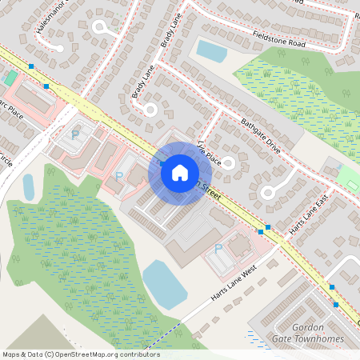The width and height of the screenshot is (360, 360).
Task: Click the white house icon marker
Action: pyautogui.click(x=180, y=172)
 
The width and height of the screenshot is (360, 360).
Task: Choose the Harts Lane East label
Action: pyautogui.click(x=309, y=218)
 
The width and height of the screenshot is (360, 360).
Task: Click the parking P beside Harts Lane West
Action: pyautogui.click(x=218, y=250)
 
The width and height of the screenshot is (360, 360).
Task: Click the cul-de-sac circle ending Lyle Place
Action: pyautogui.click(x=226, y=164)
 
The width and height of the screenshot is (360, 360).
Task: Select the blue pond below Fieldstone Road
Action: pyautogui.click(x=212, y=50)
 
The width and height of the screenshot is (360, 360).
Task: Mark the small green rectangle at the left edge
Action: pyautogui.click(x=10, y=78)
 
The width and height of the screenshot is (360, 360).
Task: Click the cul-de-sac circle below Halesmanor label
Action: pyautogui.click(x=100, y=27)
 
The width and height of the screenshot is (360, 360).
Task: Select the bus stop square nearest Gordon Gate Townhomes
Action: pyautogui.click(x=336, y=304)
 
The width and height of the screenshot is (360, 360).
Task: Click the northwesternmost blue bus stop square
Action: pyautogui.click(x=30, y=66)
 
